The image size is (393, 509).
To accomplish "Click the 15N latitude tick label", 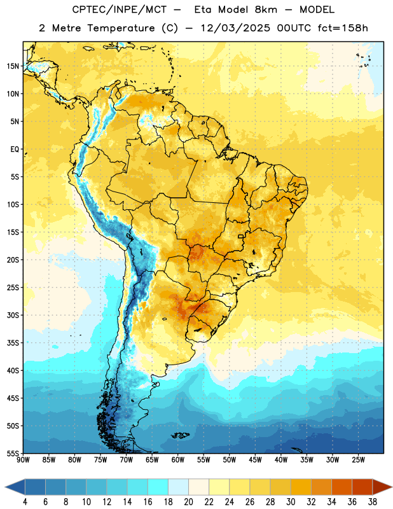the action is (x=13, y=66).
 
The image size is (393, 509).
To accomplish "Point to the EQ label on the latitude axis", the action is (x=15, y=150).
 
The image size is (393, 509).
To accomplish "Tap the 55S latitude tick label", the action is (x=13, y=453).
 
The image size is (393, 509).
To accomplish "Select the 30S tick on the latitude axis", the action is (x=13, y=315).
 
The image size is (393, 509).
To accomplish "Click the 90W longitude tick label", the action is (x=23, y=460).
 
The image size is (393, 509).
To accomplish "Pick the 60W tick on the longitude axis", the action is (x=178, y=460).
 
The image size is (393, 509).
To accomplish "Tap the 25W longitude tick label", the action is (x=358, y=460).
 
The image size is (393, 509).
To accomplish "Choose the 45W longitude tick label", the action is (x=255, y=460).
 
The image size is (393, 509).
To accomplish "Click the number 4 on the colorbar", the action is (x=25, y=502).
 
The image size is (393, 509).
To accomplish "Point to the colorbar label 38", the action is (x=373, y=502).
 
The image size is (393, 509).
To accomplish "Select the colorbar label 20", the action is (x=188, y=502).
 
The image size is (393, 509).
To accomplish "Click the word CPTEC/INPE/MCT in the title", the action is (x=119, y=10).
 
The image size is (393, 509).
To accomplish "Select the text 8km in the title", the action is (x=266, y=10).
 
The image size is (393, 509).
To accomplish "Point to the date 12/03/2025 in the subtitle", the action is (x=235, y=28).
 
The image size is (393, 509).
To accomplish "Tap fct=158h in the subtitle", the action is (x=343, y=28).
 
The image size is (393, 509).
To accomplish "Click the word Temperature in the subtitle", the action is (x=121, y=28).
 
